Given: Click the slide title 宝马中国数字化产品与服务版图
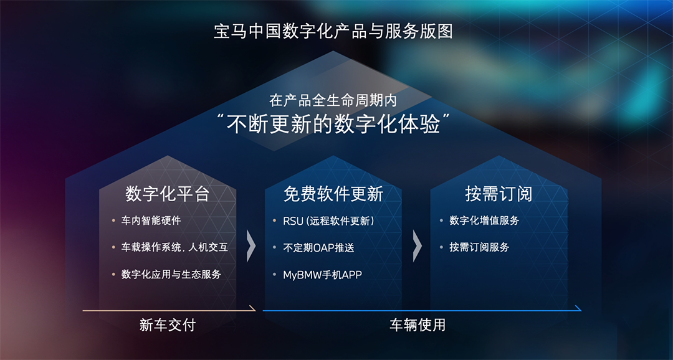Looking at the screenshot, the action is (x=333, y=32).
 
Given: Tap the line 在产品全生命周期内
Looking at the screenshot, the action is (x=333, y=101).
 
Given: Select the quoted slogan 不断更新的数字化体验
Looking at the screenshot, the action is (x=333, y=125).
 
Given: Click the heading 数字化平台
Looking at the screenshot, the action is (x=168, y=194).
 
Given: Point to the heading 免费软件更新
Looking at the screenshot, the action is (x=333, y=194).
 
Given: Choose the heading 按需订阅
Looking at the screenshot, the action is (x=499, y=194).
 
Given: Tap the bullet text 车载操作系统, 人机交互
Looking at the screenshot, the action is (x=174, y=248).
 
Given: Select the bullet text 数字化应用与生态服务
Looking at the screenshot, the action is (x=171, y=275).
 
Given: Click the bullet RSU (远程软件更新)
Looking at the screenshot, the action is (x=329, y=221).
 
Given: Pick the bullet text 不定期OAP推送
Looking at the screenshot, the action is (x=318, y=248).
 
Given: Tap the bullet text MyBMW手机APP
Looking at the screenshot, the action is (x=322, y=275).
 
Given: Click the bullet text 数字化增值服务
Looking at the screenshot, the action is (x=484, y=220).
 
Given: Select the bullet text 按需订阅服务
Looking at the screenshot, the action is (x=479, y=248).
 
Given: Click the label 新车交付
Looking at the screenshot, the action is (x=168, y=325).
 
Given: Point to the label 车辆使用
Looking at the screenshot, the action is (x=417, y=325).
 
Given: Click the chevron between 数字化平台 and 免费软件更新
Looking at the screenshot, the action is (x=251, y=246).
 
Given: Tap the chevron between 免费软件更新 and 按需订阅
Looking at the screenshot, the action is (x=417, y=246).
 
